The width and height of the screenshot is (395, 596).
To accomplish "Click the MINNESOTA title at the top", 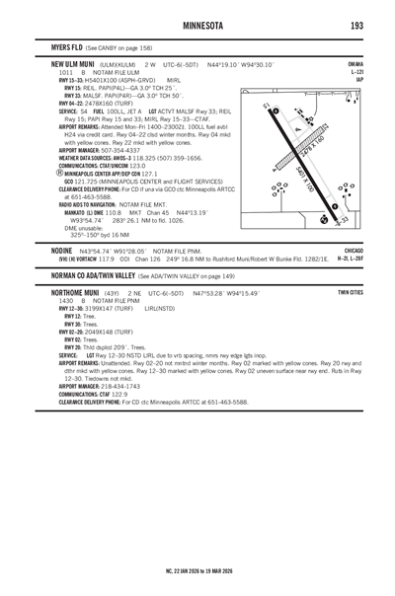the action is click(197, 24).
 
